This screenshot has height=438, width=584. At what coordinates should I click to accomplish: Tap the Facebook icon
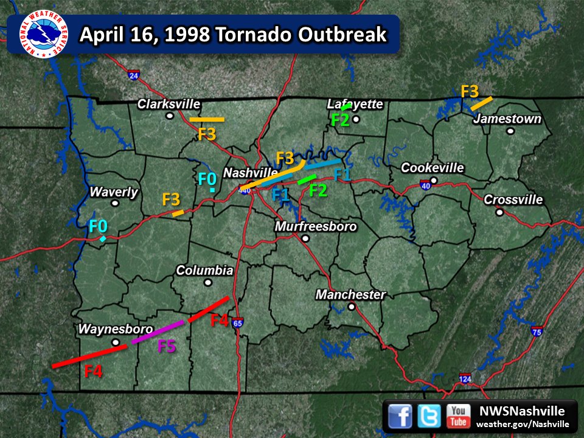pos(400,416)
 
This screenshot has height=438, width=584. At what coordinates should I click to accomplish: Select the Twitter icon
pos(429,416)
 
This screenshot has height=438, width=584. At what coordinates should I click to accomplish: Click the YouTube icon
pos(457,416)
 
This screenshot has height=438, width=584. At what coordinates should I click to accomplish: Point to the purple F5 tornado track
pos(158,331)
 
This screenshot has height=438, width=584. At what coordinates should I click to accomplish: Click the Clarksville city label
pos(169,104)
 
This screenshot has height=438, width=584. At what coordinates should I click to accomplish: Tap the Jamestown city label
pos(507,119)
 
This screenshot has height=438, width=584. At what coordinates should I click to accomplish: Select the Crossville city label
pos(513,200)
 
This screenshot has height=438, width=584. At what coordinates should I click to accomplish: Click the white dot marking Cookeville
pos(433,181)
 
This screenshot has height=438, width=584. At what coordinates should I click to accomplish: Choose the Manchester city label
pos(350,295)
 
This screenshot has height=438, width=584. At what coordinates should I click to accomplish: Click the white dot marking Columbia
pos(208,282)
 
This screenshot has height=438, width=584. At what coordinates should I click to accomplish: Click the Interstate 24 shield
pos(134,75)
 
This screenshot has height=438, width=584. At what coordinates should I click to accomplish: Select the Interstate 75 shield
pos(536,332)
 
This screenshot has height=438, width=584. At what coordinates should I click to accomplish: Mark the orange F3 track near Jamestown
pos(482,103)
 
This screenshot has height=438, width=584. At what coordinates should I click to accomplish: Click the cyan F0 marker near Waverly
pos(103,239)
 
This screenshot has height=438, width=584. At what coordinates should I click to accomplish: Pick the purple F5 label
pos(167,347)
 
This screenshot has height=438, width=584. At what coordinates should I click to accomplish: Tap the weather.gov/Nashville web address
pos(522,424)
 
